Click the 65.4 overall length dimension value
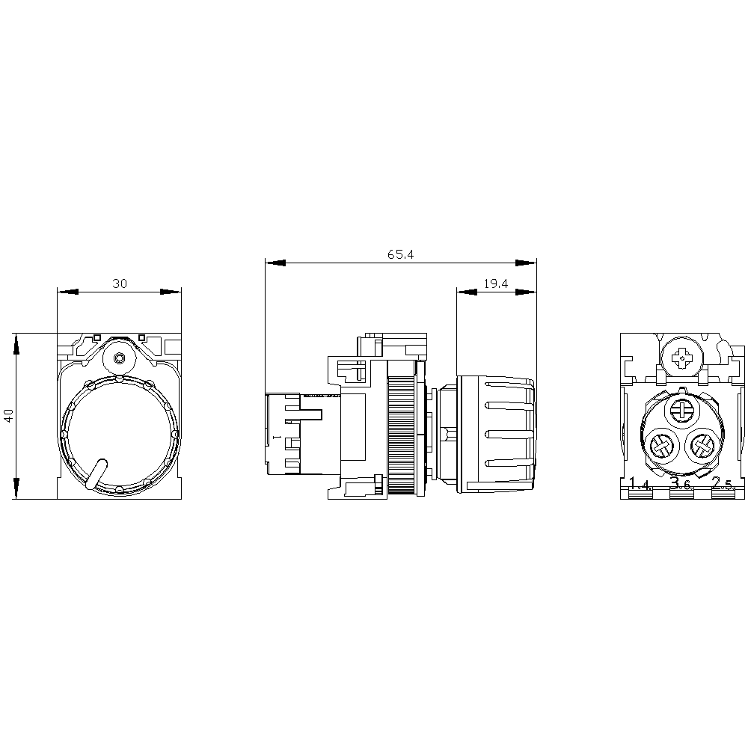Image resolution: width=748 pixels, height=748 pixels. tap(401, 254)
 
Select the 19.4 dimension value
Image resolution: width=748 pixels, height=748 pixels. tap(496, 283)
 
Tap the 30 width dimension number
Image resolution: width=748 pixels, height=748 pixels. tap(120, 283)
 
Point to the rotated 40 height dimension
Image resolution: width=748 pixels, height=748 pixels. tap(8, 416)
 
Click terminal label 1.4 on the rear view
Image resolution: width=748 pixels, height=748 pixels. tap(640, 484)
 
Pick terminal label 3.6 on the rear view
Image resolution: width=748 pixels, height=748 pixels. tap(680, 484)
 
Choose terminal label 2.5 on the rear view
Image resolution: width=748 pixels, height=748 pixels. tap(722, 484)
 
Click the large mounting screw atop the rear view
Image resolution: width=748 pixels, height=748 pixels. tap(682, 358)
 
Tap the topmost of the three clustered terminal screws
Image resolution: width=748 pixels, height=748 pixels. tap(683, 409)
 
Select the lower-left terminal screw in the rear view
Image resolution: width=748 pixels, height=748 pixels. tap(661, 447)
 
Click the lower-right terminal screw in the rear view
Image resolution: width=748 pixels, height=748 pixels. tap(702, 447)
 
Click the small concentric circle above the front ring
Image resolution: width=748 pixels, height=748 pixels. tap(118, 359)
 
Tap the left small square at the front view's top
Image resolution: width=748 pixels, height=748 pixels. tap(96, 337)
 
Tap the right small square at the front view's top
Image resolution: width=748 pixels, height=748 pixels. tap(141, 337)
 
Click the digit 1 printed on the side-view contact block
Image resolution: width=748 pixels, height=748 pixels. tap(276, 435)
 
